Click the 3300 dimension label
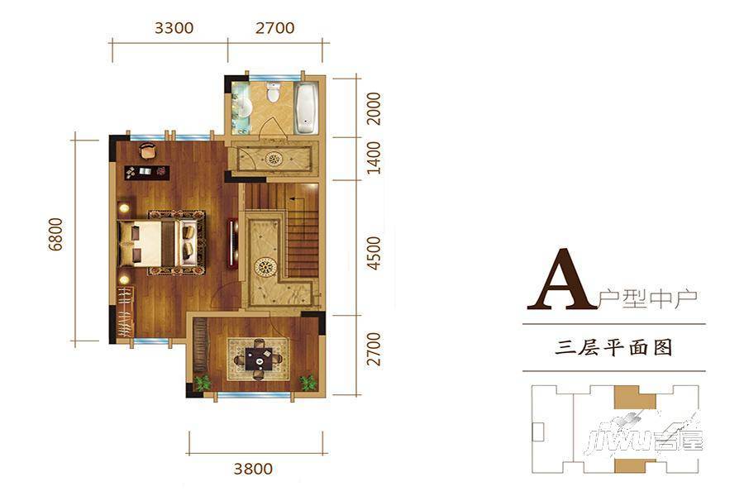click(174, 28)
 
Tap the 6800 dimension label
click(55, 235)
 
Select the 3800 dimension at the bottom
click(254, 469)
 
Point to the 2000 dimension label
click(374, 108)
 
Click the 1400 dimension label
click(374, 158)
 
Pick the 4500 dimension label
click(374, 254)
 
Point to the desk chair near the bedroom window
click(148, 150)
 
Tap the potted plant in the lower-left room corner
click(203, 383)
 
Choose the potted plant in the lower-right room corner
click(308, 382)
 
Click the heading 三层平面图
click(614, 348)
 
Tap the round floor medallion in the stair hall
click(265, 268)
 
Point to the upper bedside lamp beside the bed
click(124, 207)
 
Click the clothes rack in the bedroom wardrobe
click(126, 312)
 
